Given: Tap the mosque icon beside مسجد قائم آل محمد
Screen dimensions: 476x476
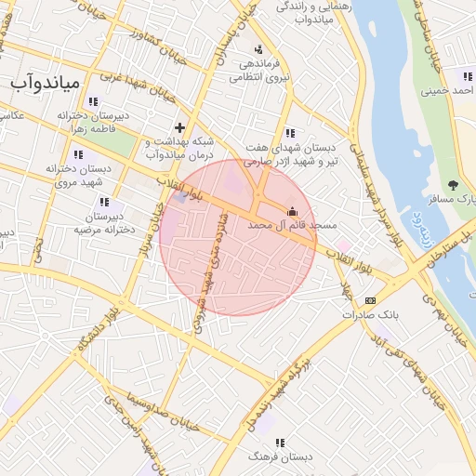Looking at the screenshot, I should tap(294, 210).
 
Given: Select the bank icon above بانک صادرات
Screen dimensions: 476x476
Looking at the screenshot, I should tap(371, 300).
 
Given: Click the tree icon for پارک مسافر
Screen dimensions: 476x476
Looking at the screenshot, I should tap(453, 185).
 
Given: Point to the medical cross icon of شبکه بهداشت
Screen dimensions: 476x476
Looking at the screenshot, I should tap(179, 127).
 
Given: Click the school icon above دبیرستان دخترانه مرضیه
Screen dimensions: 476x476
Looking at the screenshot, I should tap(104, 201).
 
